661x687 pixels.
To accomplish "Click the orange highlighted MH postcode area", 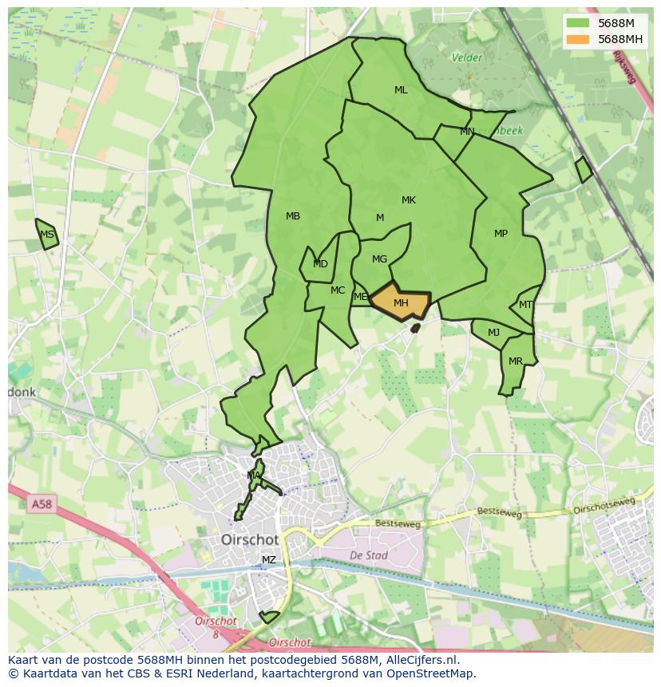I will coord(401,302).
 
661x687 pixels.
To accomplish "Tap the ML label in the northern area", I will coord(401,90).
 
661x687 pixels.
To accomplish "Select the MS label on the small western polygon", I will coord(47,235).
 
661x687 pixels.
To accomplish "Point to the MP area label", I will coord(501,234).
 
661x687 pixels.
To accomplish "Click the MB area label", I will coord(293,216).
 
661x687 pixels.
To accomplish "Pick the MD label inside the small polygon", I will coord(320,264).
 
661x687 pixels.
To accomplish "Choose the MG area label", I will coord(379,259).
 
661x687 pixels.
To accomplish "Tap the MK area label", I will coord(409,200).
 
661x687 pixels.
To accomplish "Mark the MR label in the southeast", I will coord(516,361).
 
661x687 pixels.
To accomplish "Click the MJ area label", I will coord(493,333).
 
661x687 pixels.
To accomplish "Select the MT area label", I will coord(525,305).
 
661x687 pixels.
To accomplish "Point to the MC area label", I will coord(338,290).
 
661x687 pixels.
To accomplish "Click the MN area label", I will coord(467,132).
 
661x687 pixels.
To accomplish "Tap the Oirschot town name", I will coord(250,540).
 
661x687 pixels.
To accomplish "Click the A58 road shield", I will coord(41,504).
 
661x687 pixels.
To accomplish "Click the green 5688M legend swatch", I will coord(577,23).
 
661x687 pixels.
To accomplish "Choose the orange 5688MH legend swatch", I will coord(577,39).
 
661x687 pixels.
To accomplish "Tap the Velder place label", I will coord(467,57).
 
